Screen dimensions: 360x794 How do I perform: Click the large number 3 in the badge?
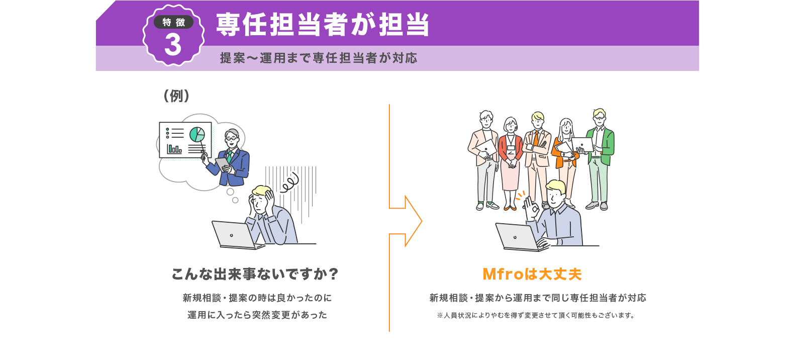coord(173,45)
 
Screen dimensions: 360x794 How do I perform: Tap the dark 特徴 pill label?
coord(173,22)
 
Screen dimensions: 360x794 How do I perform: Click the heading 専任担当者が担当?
coord(323,25)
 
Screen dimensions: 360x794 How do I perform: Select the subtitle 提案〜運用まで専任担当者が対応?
coord(319,58)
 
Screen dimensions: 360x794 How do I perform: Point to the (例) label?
coord(176,96)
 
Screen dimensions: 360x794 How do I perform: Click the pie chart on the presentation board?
coord(197,134)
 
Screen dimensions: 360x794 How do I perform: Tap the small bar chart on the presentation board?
coord(174,149)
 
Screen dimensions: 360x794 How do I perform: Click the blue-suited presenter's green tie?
coord(229,156)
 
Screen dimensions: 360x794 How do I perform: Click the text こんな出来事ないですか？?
coord(255,274)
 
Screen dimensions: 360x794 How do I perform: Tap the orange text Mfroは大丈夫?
coord(532,274)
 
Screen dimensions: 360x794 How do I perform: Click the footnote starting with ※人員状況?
coord(536,315)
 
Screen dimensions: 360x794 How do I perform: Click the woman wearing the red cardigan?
coord(511,161)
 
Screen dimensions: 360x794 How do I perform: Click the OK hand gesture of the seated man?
coord(530,206)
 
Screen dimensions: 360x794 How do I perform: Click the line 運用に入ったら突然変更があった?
coord(257,315)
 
